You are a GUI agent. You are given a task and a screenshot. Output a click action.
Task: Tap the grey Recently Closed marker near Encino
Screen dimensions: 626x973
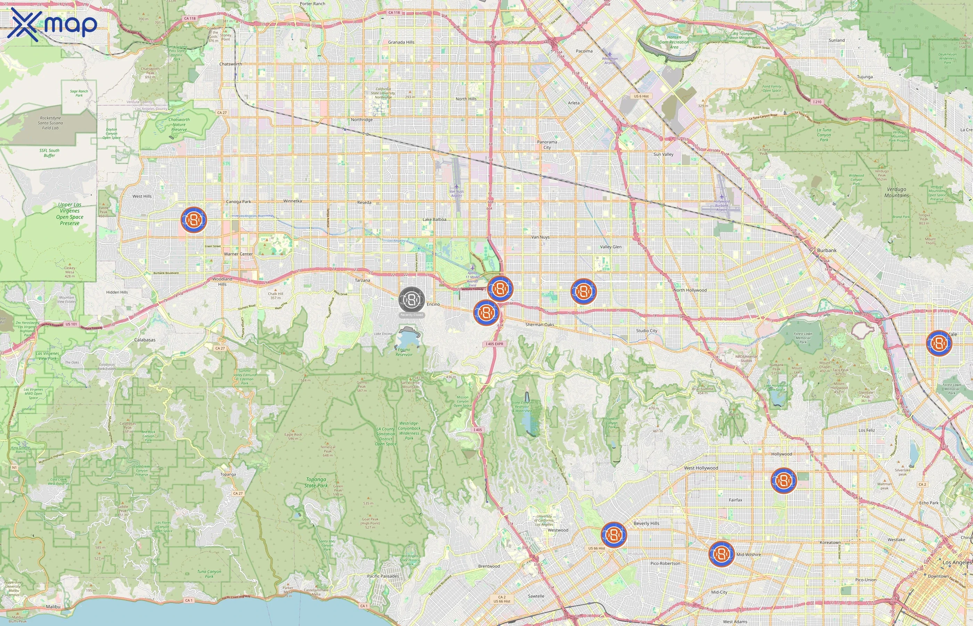tap(411, 300)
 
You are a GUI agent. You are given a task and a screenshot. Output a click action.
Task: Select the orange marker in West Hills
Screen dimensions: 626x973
tap(194, 220)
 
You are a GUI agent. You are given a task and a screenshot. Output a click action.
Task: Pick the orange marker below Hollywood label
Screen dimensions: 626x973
tap(783, 481)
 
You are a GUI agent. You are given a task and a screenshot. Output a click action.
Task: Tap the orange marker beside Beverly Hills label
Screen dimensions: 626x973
tap(614, 535)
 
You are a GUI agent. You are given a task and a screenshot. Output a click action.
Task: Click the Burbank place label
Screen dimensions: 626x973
tap(826, 250)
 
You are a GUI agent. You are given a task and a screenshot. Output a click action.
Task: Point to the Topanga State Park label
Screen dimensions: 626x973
tap(316, 482)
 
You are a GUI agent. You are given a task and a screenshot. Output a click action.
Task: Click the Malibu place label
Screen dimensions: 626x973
tap(53, 607)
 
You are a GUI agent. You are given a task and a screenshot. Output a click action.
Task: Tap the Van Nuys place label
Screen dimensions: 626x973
tap(540, 237)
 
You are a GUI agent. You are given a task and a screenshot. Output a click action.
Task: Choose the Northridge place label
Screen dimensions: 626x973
tap(361, 120)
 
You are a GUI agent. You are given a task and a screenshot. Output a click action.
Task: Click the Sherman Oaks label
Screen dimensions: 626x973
tap(539, 325)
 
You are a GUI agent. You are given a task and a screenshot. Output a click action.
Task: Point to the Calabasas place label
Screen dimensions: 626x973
tap(145, 340)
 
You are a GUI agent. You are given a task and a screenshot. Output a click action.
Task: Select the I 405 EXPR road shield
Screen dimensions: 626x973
tap(494, 344)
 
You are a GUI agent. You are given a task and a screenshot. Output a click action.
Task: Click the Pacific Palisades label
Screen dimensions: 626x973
tap(383, 576)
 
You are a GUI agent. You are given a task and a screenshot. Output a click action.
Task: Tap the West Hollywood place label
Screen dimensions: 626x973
tap(701, 468)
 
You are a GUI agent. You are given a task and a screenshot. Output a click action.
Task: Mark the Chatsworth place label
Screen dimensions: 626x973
tap(230, 64)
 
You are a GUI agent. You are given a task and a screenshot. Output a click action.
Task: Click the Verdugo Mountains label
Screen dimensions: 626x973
tap(896, 192)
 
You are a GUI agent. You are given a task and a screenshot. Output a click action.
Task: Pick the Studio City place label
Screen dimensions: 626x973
tap(646, 330)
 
